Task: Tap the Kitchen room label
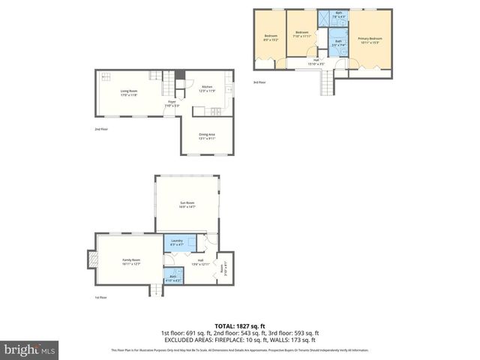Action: coord(207,88)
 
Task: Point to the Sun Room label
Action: coord(187,205)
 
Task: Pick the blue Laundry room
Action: coord(178,242)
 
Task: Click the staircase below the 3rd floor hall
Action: coord(326,85)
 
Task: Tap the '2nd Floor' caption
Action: coord(101,129)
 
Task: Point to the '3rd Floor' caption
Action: coord(259,82)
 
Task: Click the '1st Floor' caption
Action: coord(100,297)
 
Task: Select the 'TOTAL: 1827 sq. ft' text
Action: coord(239,326)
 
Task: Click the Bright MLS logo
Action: coord(30,349)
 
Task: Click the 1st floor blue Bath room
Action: coord(173,277)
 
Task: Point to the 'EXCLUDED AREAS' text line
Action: coord(239,340)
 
